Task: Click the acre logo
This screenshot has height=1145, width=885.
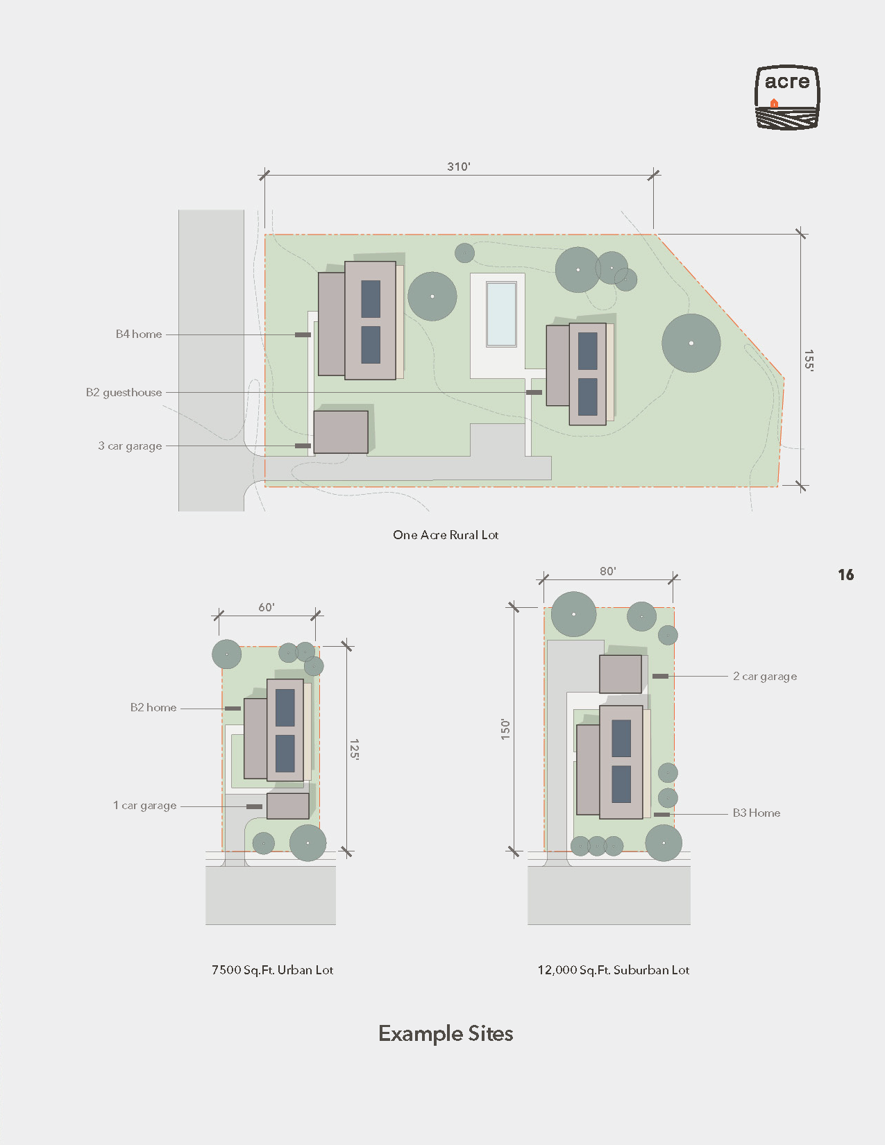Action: (787, 97)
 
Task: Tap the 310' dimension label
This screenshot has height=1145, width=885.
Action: (459, 167)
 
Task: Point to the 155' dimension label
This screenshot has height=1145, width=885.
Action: (809, 360)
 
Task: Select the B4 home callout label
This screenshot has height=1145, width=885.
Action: (139, 334)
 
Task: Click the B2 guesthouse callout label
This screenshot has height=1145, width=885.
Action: (124, 393)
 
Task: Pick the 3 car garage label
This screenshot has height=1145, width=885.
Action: (130, 446)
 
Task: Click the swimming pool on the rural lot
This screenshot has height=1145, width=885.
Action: (501, 314)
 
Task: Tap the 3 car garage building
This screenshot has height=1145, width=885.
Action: (341, 432)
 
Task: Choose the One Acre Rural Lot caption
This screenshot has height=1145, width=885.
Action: (446, 535)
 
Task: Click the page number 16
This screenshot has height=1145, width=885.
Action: (845, 575)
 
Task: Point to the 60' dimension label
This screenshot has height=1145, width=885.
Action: (266, 607)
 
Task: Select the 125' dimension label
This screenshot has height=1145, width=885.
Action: (354, 749)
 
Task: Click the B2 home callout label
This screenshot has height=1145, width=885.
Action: (153, 707)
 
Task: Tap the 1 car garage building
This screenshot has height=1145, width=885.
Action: (288, 806)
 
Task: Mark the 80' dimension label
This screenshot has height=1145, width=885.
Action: (608, 571)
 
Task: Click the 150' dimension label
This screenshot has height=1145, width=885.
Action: (505, 730)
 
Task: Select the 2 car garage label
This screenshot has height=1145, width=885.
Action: (765, 676)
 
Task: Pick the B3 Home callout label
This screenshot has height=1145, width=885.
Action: (757, 813)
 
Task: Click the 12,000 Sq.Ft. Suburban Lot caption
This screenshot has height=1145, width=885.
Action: (613, 970)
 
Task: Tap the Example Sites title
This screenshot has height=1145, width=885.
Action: (446, 1034)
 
